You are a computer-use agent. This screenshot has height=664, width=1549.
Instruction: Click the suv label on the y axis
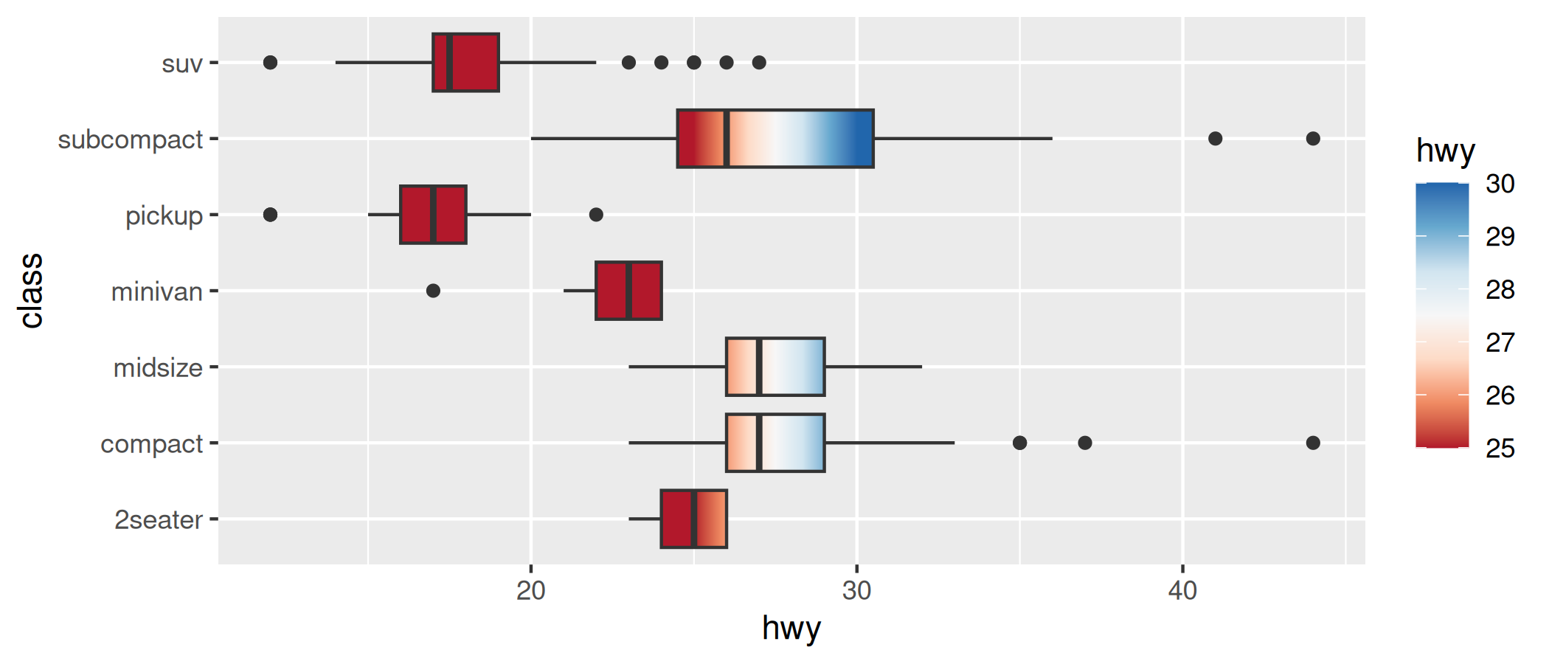point(181,64)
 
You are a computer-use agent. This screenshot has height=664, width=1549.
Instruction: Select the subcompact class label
point(130,139)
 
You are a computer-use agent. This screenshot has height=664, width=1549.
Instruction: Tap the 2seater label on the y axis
point(158,520)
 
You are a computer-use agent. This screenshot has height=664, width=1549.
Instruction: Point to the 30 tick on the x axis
point(856,591)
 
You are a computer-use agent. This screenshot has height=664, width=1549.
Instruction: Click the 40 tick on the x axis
point(1182,591)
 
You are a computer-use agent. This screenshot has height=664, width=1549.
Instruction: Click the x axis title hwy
point(791,629)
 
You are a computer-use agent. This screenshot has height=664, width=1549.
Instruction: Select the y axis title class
point(32,291)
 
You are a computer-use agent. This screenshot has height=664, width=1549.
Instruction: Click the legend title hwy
point(1445,151)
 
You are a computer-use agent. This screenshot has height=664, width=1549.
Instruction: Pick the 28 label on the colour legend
point(1500,290)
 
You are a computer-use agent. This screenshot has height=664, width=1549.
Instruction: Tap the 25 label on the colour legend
point(1500,449)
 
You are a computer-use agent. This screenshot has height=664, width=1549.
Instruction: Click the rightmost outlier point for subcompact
point(1313,139)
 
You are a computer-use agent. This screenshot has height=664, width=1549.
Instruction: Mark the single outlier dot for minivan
point(433,291)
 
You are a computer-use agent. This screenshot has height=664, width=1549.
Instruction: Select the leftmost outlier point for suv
point(270,63)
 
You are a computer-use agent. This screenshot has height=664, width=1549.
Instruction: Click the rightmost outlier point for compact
point(1313,443)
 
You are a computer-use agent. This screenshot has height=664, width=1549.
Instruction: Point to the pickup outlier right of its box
point(596,215)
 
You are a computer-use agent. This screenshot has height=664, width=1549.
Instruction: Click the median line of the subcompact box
point(727,139)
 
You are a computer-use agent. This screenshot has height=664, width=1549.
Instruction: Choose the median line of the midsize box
point(759,367)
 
